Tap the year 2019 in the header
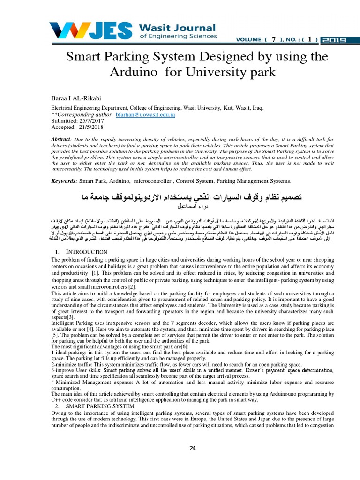click(333, 40)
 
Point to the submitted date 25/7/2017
click(93, 120)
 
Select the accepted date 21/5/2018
click(91, 127)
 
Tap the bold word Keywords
click(63, 181)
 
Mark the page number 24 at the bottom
click(192, 448)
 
